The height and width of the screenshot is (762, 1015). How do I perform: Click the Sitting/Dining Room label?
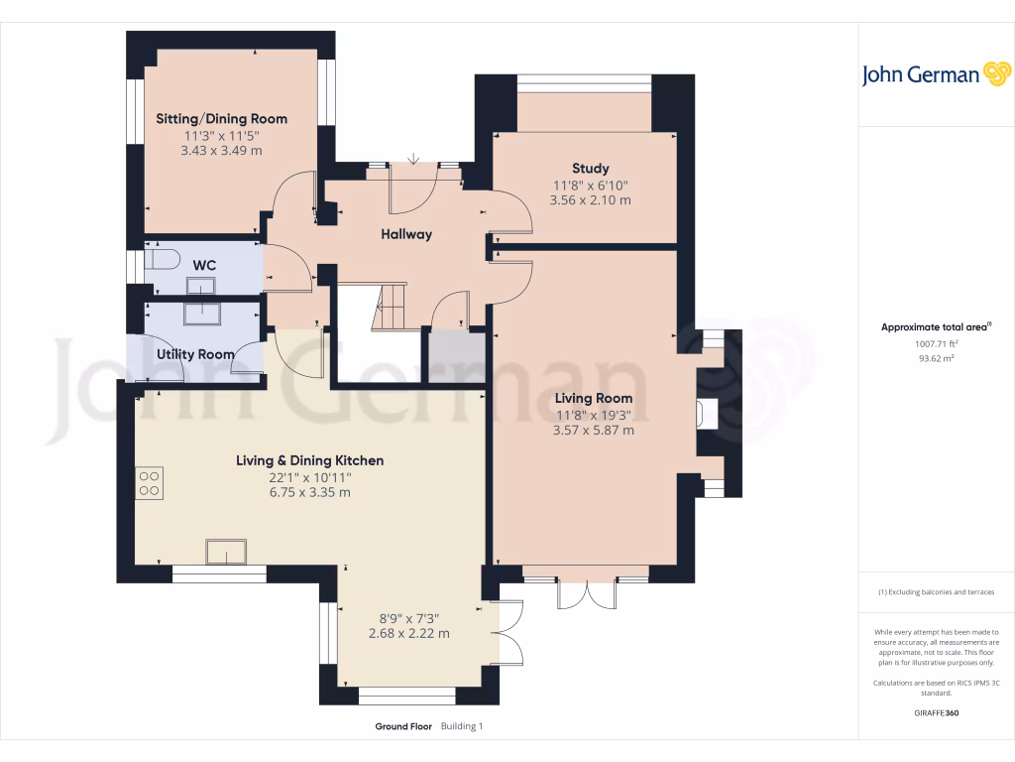pos(221,119)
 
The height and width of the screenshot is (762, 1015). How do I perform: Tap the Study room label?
pos(591,169)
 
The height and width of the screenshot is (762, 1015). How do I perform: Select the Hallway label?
pos(406,234)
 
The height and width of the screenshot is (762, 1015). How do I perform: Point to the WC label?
pos(204,265)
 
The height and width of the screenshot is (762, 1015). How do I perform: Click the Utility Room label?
pos(195,354)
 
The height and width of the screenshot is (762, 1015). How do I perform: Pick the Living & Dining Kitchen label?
pos(310,460)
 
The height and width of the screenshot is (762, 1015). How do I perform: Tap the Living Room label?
pos(594,398)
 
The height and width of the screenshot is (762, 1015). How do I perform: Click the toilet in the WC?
pos(162,260)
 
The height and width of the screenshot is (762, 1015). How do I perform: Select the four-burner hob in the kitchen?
pos(150,483)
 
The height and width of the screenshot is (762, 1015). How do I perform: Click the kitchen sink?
pos(226,552)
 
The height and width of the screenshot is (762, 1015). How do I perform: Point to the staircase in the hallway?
pos(389,308)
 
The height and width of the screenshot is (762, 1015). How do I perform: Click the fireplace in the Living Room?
pos(706,414)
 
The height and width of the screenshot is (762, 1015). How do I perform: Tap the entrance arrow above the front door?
pos(413,159)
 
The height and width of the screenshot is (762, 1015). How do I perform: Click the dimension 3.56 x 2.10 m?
pos(591,200)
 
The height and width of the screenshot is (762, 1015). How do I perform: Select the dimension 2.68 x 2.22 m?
pos(409,634)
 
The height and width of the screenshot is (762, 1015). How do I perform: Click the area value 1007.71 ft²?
pos(936,344)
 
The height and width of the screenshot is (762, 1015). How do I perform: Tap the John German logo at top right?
pos(936,74)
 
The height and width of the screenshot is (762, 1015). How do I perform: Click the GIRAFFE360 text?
pos(936,712)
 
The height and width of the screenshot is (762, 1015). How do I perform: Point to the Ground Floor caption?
pos(403,726)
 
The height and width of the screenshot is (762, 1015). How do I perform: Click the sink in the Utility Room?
pos(202,314)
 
